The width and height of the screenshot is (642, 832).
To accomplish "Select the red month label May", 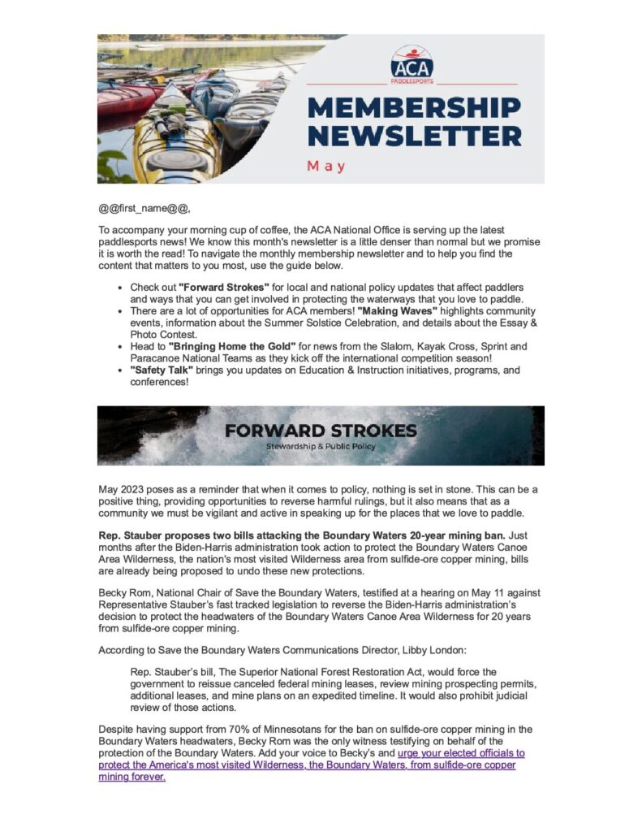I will [x=326, y=166].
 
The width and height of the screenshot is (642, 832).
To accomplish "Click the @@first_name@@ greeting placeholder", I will [x=145, y=208].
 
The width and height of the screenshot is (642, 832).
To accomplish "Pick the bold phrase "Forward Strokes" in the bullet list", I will [x=212, y=288].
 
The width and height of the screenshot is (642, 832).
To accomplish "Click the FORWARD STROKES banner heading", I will [x=321, y=430].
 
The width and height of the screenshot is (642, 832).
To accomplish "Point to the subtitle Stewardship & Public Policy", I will [x=321, y=447].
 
